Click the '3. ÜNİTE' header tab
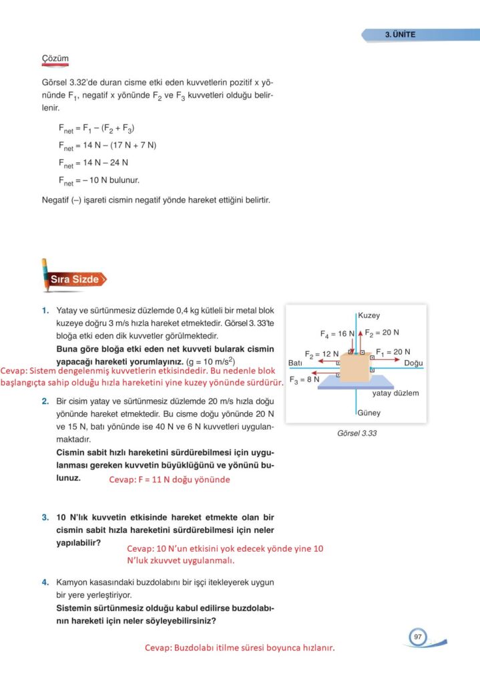click(401, 35)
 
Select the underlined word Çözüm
click(55, 59)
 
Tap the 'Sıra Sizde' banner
click(74, 279)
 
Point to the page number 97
click(417, 637)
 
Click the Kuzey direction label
click(369, 315)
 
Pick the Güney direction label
click(369, 413)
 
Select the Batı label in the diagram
click(296, 363)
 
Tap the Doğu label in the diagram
click(414, 363)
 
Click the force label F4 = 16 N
click(336, 333)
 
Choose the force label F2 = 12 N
click(322, 353)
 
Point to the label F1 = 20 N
click(393, 351)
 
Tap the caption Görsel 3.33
click(357, 433)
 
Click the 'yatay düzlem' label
click(395, 393)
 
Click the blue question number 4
click(44, 582)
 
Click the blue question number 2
click(44, 401)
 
